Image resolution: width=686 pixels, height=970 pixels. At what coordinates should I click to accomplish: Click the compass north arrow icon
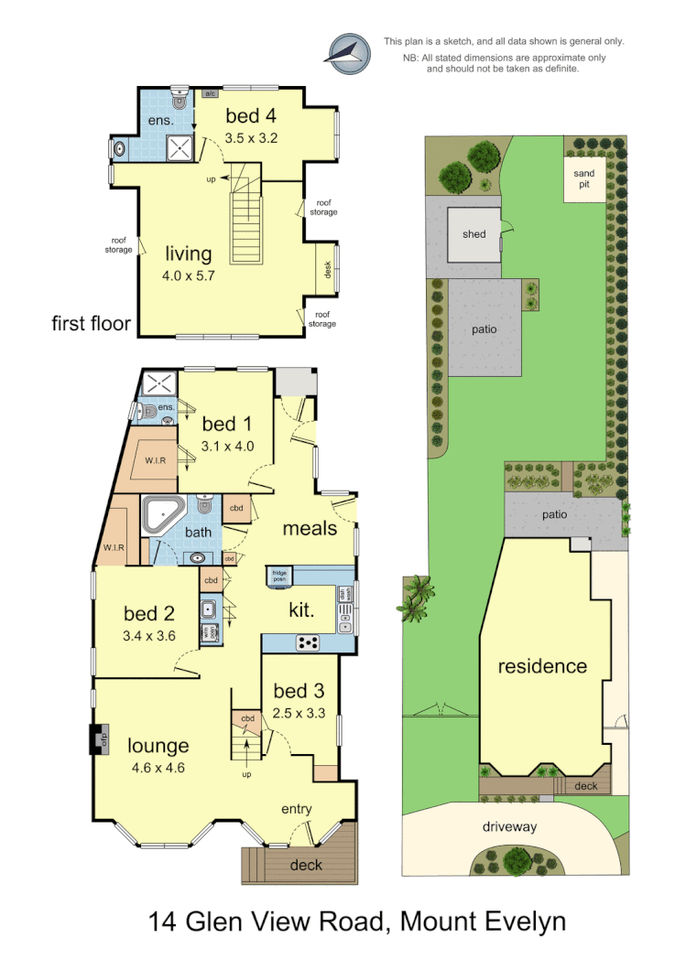[349, 54]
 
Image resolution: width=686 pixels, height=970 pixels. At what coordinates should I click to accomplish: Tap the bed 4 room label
[251, 116]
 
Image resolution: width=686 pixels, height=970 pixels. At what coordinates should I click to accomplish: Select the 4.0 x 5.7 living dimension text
[188, 275]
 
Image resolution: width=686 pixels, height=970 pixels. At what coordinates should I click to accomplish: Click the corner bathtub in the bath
[161, 514]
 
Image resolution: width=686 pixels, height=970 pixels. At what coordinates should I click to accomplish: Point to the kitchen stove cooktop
[309, 642]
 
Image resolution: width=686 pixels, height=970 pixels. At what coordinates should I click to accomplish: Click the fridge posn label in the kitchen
[280, 576]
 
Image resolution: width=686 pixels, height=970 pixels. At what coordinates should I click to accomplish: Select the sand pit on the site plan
[583, 179]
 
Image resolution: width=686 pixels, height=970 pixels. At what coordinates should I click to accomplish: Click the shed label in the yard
[474, 234]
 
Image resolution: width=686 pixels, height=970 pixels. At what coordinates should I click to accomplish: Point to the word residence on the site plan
[541, 665]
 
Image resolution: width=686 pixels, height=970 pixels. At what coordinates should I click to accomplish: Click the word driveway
[510, 826]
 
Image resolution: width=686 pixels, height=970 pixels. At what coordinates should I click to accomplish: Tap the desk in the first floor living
[327, 269]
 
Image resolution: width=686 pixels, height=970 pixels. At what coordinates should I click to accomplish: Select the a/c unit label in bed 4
[210, 93]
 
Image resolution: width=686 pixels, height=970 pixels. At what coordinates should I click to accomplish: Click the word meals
[310, 528]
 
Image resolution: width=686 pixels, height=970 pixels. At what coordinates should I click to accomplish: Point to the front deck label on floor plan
[305, 865]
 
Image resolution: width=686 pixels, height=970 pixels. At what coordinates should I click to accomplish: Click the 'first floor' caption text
[92, 323]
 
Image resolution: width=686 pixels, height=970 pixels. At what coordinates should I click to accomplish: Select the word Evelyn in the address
[516, 921]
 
